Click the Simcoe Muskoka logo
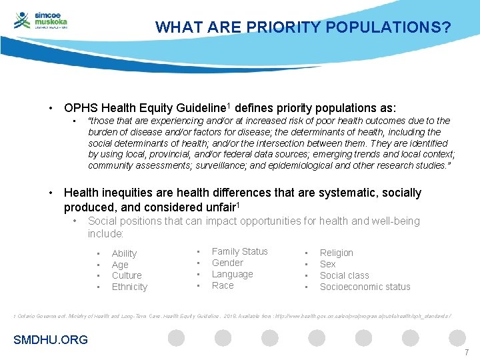41,20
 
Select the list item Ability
124,253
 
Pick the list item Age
120,265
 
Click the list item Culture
127,275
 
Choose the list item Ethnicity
129,287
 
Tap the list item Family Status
239,251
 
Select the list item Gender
227,263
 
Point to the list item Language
232,274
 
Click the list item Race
223,285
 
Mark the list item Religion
337,253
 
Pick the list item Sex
328,264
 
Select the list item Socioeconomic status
365,287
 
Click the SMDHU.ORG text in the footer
51,340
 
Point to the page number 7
467,352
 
